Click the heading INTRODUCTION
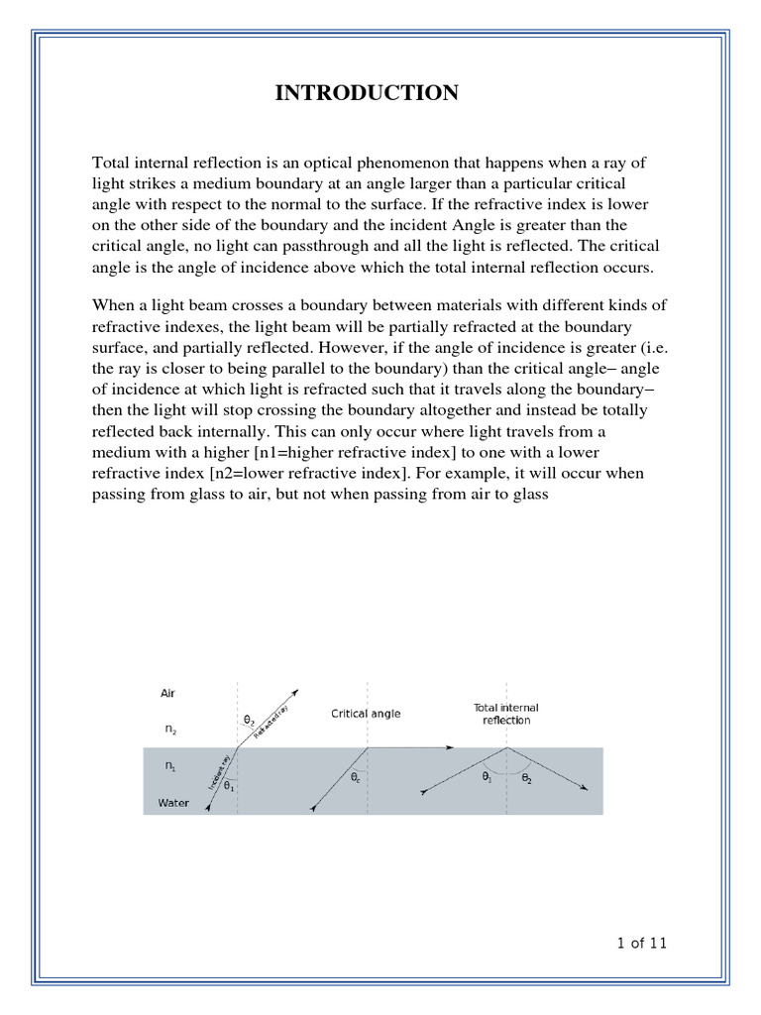(366, 93)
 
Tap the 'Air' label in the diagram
(167, 694)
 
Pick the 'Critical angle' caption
(366, 714)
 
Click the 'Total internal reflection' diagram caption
(505, 714)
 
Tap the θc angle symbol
(355, 780)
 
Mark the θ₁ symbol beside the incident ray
(230, 786)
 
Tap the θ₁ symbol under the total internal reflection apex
(487, 779)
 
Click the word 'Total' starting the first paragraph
(112, 163)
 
